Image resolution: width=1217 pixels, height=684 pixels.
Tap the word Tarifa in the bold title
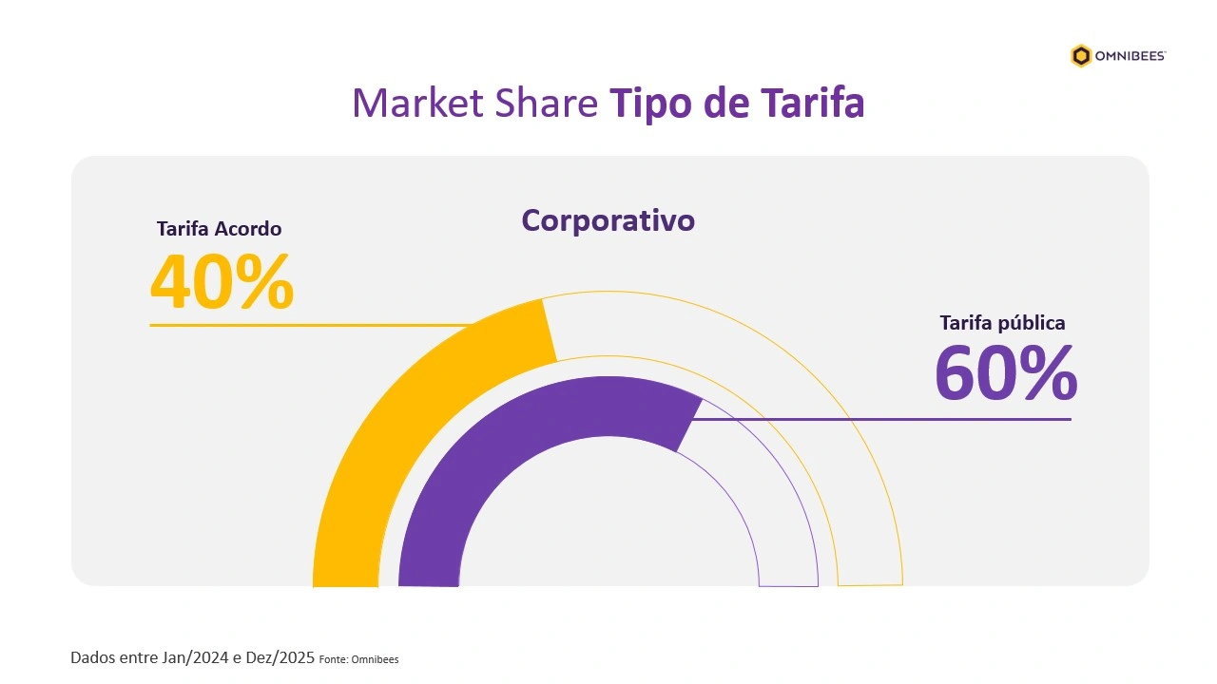(x=812, y=103)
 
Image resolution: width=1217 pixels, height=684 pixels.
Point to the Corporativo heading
(x=608, y=220)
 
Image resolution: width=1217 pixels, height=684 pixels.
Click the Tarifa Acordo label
(x=219, y=229)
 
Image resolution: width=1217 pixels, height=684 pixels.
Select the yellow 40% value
(x=222, y=282)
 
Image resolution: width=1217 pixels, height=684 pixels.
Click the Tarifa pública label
(x=1002, y=323)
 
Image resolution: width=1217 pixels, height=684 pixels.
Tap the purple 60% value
(x=1005, y=373)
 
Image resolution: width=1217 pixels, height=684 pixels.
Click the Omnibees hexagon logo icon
(x=1081, y=56)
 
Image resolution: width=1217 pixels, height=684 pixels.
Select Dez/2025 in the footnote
(x=281, y=657)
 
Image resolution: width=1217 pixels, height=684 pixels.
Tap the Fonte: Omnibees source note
(x=358, y=659)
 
